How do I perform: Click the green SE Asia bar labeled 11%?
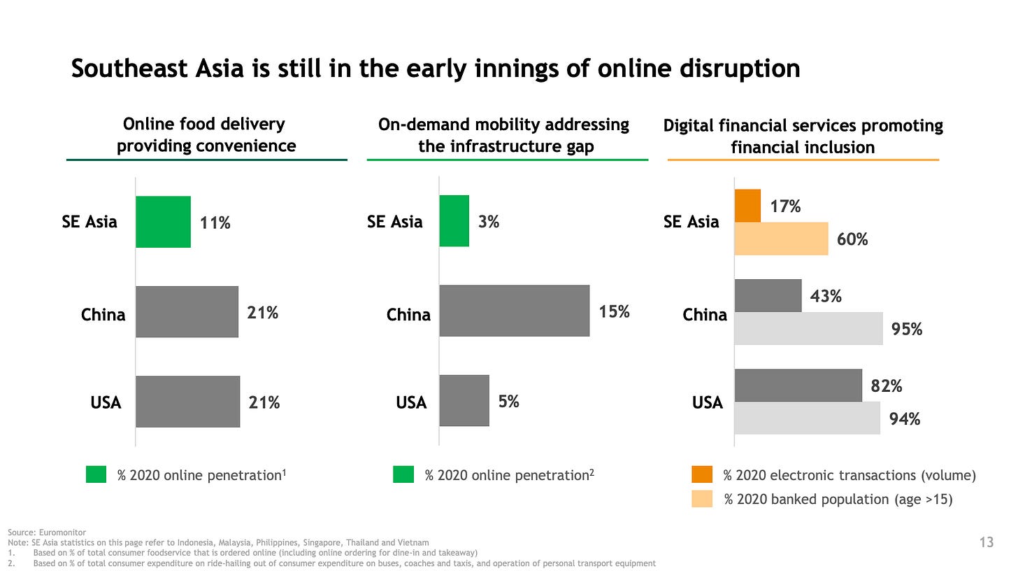pos(163,222)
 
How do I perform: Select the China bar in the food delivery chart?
pos(187,311)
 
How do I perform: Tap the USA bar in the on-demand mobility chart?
pos(464,400)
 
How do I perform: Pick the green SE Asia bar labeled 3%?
pos(454,221)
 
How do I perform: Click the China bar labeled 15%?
pos(514,311)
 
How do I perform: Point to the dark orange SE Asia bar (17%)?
pos(747,206)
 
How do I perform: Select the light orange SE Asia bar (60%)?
pos(781,239)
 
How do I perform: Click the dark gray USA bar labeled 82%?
pos(798,386)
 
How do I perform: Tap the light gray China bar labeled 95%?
pos(808,328)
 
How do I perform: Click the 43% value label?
pos(826,297)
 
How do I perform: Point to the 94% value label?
pos(904,419)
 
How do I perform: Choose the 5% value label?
pos(508,402)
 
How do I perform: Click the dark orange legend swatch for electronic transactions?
pos(702,475)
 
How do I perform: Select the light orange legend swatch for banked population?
pos(702,499)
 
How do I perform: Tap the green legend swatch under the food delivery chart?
pos(96,475)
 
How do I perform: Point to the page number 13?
pos(987,542)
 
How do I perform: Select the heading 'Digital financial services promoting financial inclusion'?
pos(803,136)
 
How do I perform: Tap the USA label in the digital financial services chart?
pos(707,402)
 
